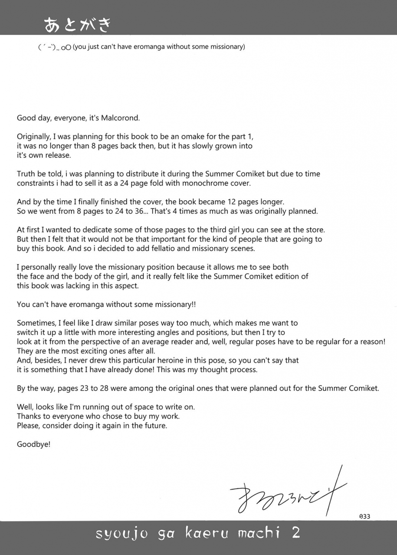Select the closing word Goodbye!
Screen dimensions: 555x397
click(x=34, y=444)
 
